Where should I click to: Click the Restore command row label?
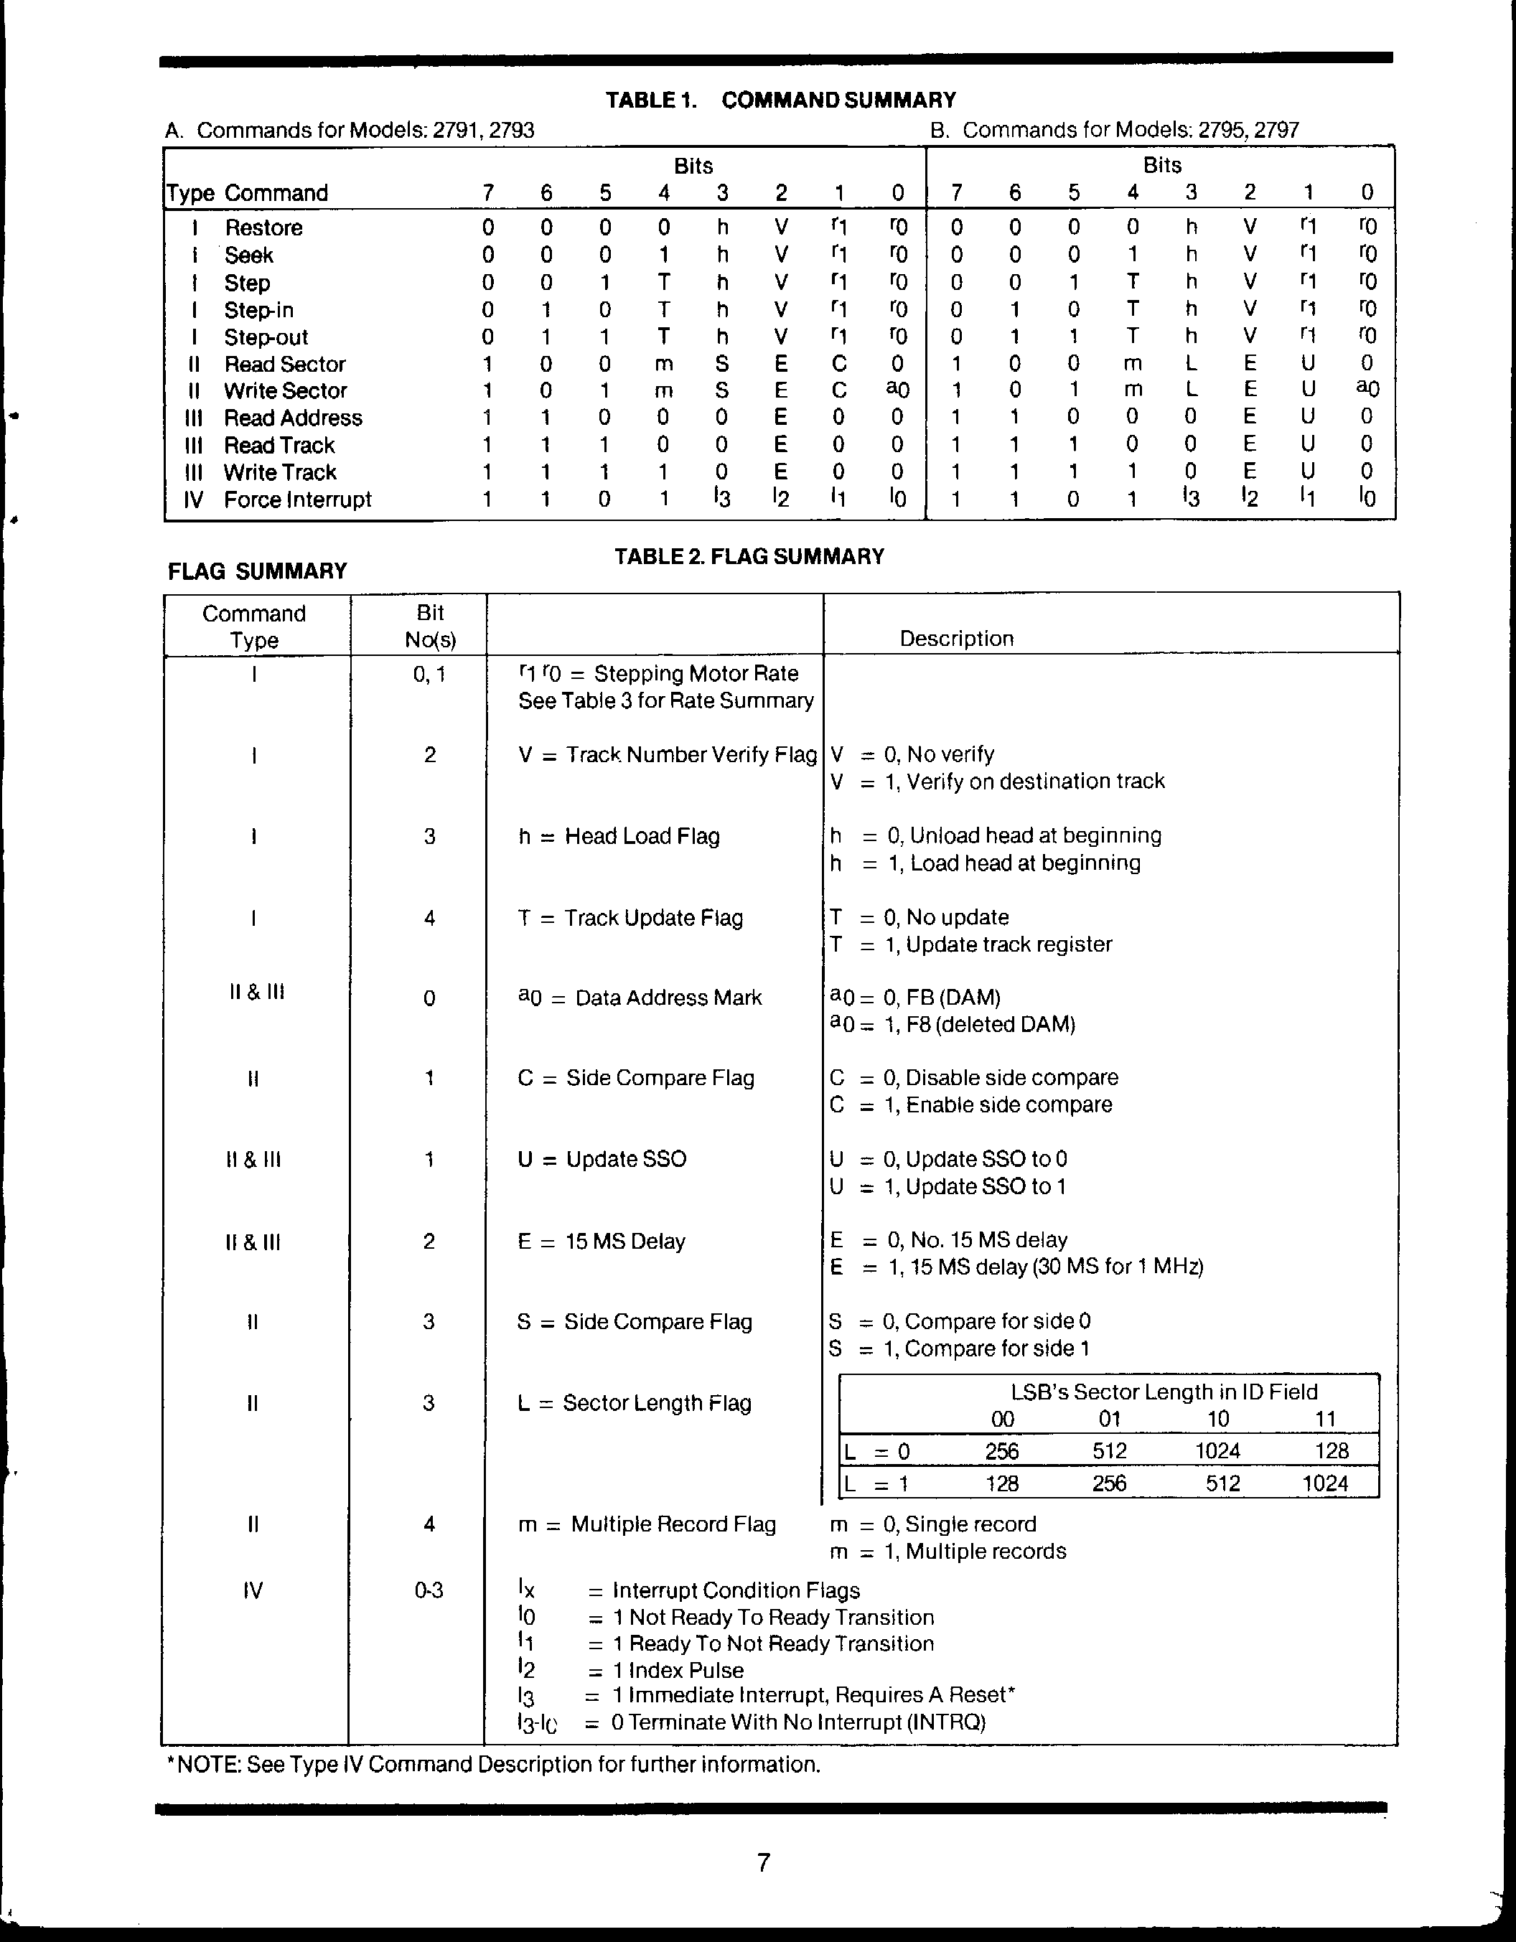[263, 227]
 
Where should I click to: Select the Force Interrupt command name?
[297, 499]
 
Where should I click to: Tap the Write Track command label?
[280, 472]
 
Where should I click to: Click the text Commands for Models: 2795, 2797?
[1114, 130]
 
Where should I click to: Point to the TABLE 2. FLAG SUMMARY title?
[749, 557]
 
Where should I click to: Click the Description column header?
[956, 639]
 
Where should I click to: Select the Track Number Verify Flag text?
[667, 755]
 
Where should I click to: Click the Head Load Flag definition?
[619, 836]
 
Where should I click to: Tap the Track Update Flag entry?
[630, 918]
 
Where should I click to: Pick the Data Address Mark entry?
[640, 998]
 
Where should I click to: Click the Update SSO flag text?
[602, 1160]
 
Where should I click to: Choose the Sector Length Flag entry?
[634, 1403]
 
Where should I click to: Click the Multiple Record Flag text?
[647, 1524]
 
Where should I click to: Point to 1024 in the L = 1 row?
[1325, 1483]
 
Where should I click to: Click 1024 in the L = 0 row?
[1217, 1451]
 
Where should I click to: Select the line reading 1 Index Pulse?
[678, 1670]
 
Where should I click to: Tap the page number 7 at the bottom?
[763, 1862]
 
